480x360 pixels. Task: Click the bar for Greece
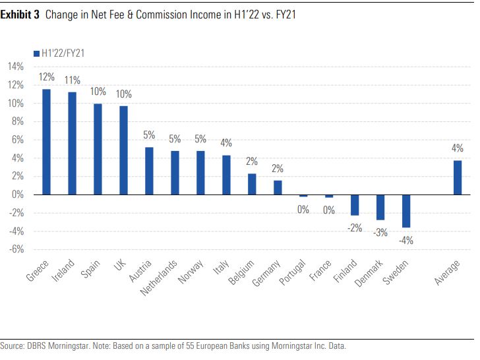47,142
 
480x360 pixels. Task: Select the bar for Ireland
73,143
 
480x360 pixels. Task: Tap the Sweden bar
406,211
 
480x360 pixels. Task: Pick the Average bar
458,177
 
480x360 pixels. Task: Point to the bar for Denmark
380,207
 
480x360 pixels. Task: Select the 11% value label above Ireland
73,80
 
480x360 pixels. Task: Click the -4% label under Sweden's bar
406,241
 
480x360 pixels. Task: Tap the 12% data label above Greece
47,77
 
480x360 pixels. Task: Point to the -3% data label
380,233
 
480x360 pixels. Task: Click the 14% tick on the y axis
15,67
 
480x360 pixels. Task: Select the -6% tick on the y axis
16,249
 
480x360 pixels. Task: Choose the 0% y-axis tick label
18,195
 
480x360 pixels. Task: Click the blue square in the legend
36,53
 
